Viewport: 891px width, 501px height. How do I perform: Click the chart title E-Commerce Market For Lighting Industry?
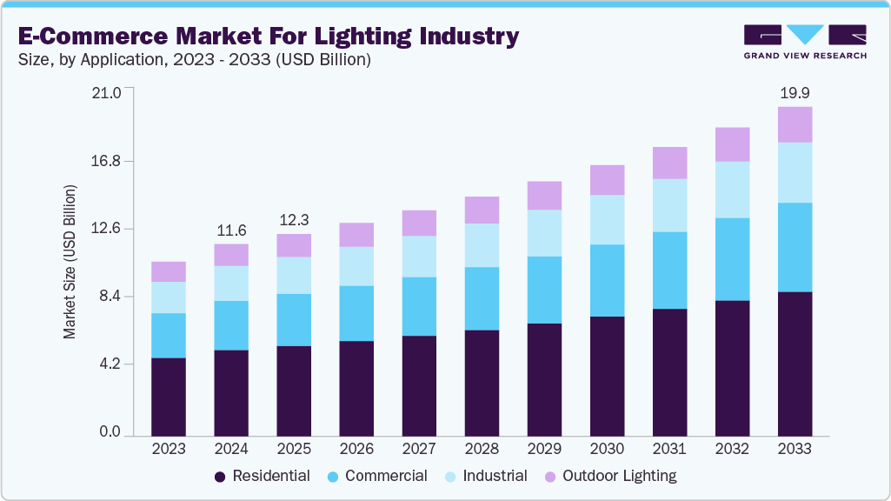(x=269, y=36)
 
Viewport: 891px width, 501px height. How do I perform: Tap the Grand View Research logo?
(x=805, y=41)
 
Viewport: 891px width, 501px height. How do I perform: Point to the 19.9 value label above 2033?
(x=795, y=92)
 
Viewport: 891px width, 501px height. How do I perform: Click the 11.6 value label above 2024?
(x=231, y=230)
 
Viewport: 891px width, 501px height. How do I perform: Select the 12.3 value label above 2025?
(x=294, y=220)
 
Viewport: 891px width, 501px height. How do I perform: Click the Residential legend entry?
(x=263, y=476)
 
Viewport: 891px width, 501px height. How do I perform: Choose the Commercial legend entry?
(x=376, y=476)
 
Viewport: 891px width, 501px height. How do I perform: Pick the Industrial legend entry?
(x=484, y=476)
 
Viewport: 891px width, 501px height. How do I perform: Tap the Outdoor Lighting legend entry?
(x=610, y=476)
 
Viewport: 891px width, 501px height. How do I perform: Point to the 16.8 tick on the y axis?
(x=109, y=161)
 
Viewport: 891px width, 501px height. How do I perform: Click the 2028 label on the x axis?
(x=482, y=449)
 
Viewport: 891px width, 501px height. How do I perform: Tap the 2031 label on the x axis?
(x=669, y=449)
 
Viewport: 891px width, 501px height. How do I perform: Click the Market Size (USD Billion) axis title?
(x=70, y=262)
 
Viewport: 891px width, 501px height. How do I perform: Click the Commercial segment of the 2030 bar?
(x=607, y=280)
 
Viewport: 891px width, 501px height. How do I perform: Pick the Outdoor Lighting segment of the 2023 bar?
(x=169, y=271)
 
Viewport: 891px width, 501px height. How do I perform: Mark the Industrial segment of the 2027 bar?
(x=419, y=257)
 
